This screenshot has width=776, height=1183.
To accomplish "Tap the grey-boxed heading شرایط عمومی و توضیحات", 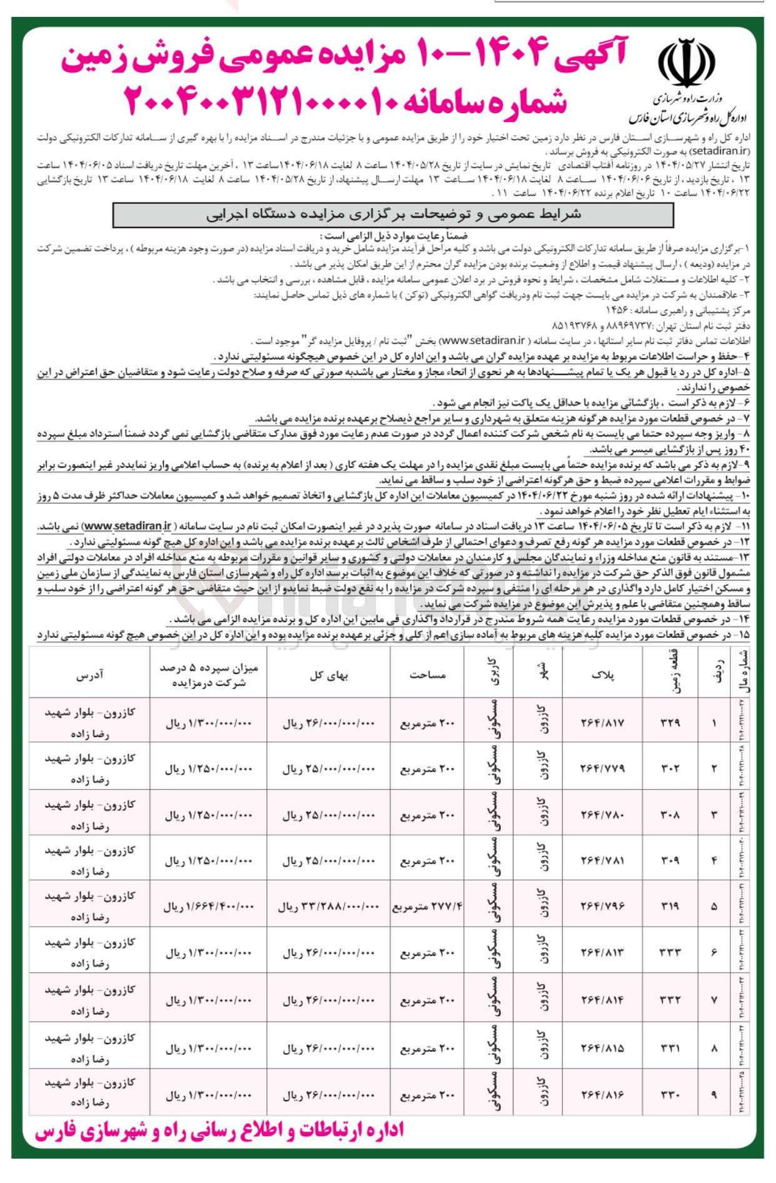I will coord(393,214).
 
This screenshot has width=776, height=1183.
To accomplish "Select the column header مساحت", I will coord(427,674).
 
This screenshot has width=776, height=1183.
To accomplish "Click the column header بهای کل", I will coord(328,674).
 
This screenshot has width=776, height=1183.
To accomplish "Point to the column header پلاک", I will coord(602,674).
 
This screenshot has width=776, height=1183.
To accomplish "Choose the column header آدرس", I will coord(90,674).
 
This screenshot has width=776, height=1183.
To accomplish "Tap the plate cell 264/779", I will coord(602,768).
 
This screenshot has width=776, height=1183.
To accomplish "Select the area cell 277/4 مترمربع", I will coord(428,906).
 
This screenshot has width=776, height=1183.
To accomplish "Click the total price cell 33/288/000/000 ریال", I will coord(328,906).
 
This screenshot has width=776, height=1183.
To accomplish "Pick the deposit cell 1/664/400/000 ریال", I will coord(208,906).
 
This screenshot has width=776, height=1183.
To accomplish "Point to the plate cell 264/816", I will coord(602,1095).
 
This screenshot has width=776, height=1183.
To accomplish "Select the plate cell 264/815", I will coord(602,1048).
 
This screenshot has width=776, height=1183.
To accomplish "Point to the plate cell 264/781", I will coord(602,860).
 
